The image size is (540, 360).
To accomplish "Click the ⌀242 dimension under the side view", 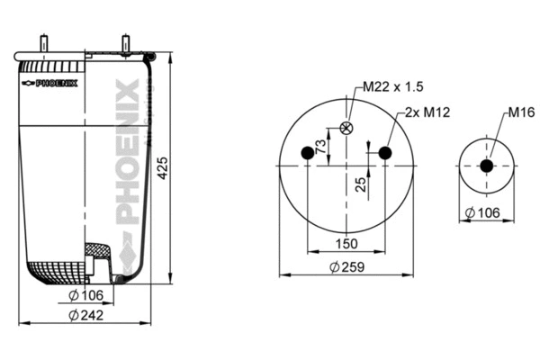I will tap(86, 315).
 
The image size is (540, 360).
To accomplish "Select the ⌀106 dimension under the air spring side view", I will tap(86, 296).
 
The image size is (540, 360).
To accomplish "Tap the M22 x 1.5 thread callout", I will tap(393, 86).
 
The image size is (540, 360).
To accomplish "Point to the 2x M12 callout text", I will tap(427, 112).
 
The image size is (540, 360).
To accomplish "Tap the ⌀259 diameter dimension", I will tap(346, 266).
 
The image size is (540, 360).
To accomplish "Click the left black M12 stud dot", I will tap(307, 153).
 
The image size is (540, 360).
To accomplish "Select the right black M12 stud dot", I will tap(385, 153).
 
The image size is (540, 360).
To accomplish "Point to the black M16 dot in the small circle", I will tap(487, 166).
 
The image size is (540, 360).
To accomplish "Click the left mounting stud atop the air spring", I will tap(42, 44).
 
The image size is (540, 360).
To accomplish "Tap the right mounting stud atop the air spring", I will tap(124, 44).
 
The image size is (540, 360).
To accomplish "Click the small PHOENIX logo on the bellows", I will tap(50, 83).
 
